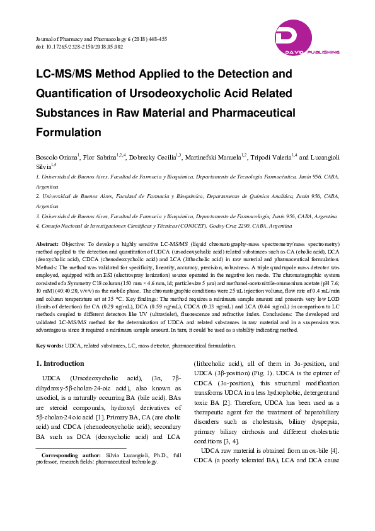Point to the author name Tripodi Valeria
click(x=275, y=156)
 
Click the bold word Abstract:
click(x=47, y=243)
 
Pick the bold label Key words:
click(x=49, y=345)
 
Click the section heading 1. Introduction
click(x=60, y=363)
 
